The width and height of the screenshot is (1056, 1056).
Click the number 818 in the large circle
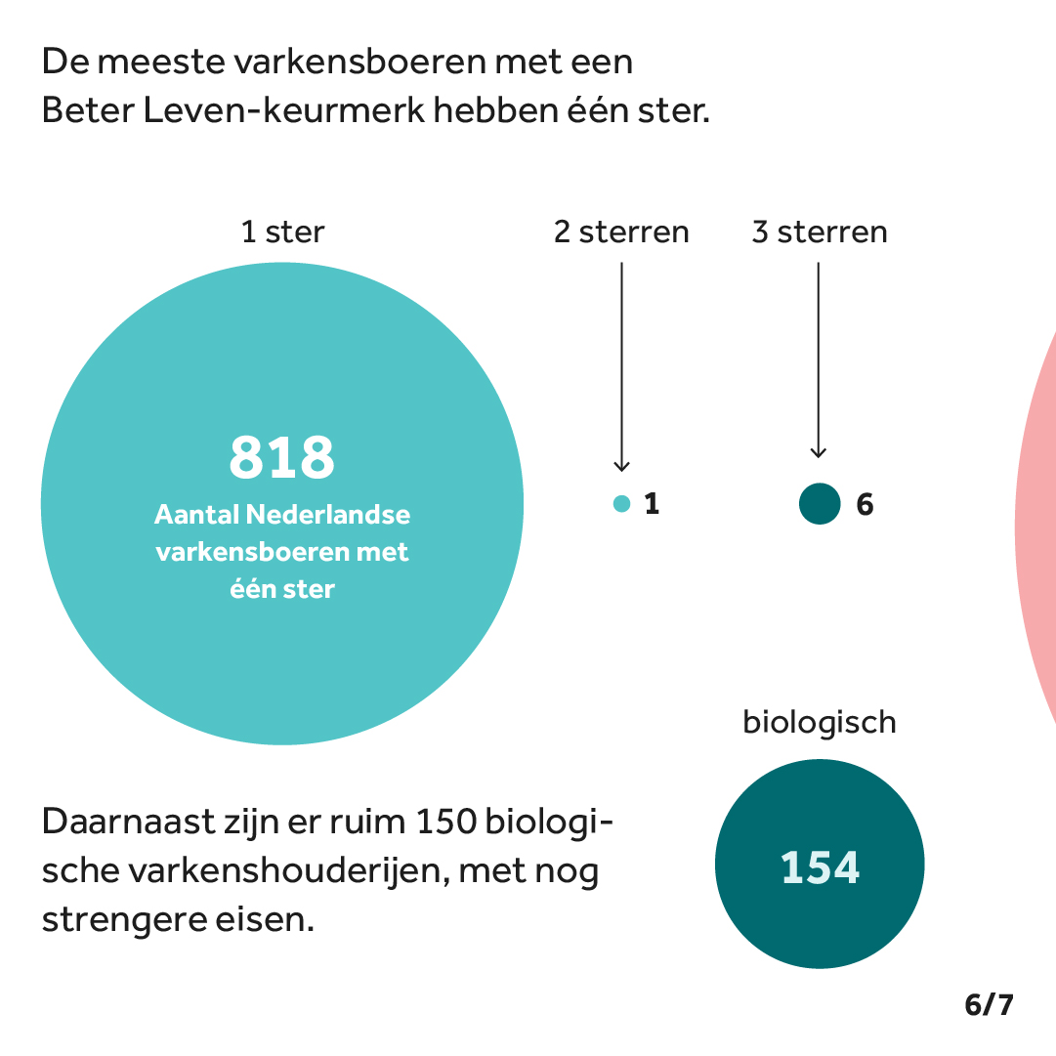[282, 457]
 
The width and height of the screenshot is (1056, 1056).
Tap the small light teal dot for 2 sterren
[621, 504]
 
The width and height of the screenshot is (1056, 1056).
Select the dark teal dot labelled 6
[820, 504]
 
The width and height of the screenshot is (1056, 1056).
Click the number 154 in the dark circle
[820, 867]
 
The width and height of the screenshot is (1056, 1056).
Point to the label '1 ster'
[282, 232]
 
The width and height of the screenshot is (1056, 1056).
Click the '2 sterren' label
[621, 232]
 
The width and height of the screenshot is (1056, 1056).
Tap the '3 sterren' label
[820, 232]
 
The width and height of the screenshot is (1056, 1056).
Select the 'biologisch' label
[820, 723]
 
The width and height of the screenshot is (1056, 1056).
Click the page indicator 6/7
[989, 1005]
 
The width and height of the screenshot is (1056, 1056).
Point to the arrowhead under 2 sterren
[621, 467]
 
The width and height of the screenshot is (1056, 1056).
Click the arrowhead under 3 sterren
[819, 451]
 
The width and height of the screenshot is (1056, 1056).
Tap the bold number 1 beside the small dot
[652, 505]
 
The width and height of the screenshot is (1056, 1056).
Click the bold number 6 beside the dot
[865, 505]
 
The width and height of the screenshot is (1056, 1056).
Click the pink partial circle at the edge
[1037, 528]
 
